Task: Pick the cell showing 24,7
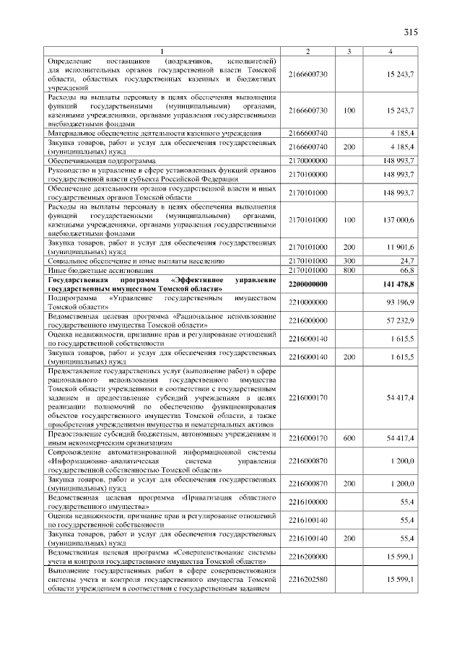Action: pos(404,260)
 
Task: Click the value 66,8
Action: pos(404,269)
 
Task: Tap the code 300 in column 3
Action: pos(349,260)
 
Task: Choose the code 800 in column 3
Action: pos(349,269)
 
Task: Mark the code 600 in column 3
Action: pos(349,437)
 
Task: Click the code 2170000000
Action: pos(308,160)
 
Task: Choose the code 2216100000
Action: pos(308,500)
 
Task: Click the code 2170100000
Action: pos(308,174)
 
